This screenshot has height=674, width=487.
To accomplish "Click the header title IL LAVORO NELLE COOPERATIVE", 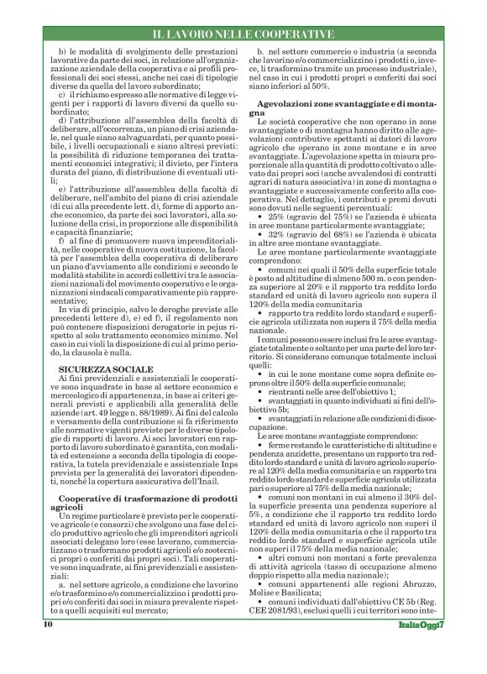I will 243,34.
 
